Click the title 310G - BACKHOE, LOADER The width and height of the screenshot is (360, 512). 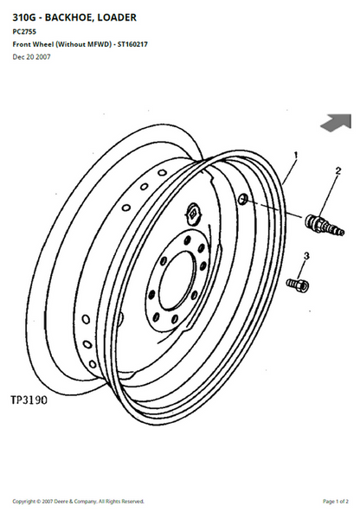pyautogui.click(x=74, y=17)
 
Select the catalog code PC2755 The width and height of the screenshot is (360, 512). pyautogui.click(x=24, y=32)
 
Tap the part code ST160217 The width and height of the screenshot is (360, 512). pyautogui.click(x=132, y=44)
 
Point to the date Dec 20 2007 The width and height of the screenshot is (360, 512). pyautogui.click(x=31, y=57)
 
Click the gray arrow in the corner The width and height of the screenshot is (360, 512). pyautogui.click(x=337, y=123)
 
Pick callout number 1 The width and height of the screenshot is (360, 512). pyautogui.click(x=296, y=155)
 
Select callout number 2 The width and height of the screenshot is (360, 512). pyautogui.click(x=337, y=170)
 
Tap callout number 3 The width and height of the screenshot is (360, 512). pyautogui.click(x=306, y=256)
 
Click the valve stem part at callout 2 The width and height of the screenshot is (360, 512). pyautogui.click(x=325, y=225)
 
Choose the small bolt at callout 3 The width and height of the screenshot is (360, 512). pyautogui.click(x=298, y=285)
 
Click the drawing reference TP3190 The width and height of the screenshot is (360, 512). pyautogui.click(x=29, y=400)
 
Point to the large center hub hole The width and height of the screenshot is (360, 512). pyautogui.click(x=177, y=280)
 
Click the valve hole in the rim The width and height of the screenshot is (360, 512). pyautogui.click(x=242, y=199)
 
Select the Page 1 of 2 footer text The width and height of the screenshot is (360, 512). pyautogui.click(x=336, y=501)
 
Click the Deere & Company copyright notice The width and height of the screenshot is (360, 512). pyautogui.click(x=79, y=501)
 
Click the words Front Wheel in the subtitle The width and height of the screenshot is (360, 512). pyautogui.click(x=33, y=44)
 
